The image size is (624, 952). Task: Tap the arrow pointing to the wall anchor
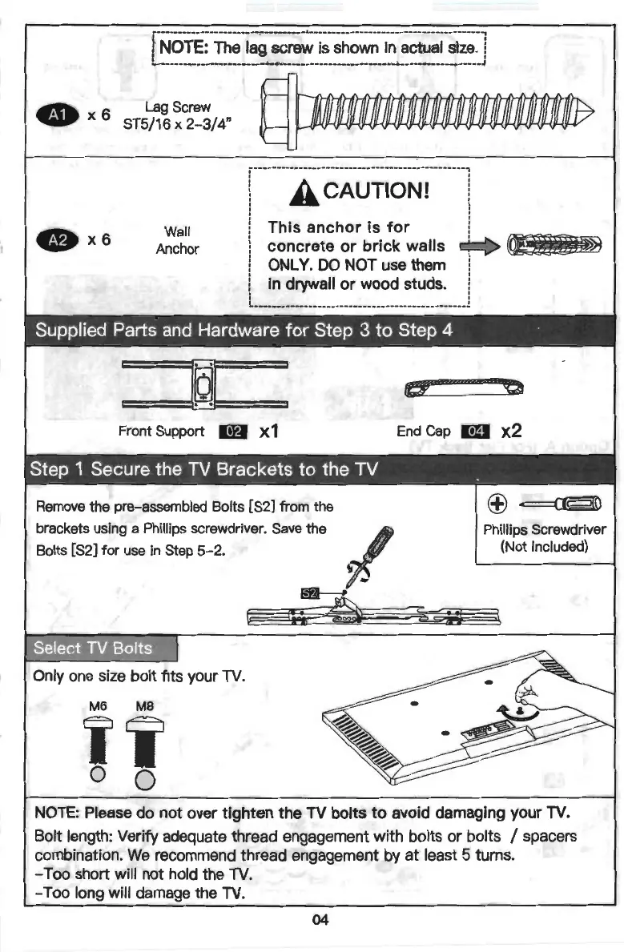coord(479,243)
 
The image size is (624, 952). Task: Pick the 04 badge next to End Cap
coord(476,432)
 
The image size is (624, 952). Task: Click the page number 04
coord(320,920)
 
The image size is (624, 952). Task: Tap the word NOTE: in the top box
coord(184,47)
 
